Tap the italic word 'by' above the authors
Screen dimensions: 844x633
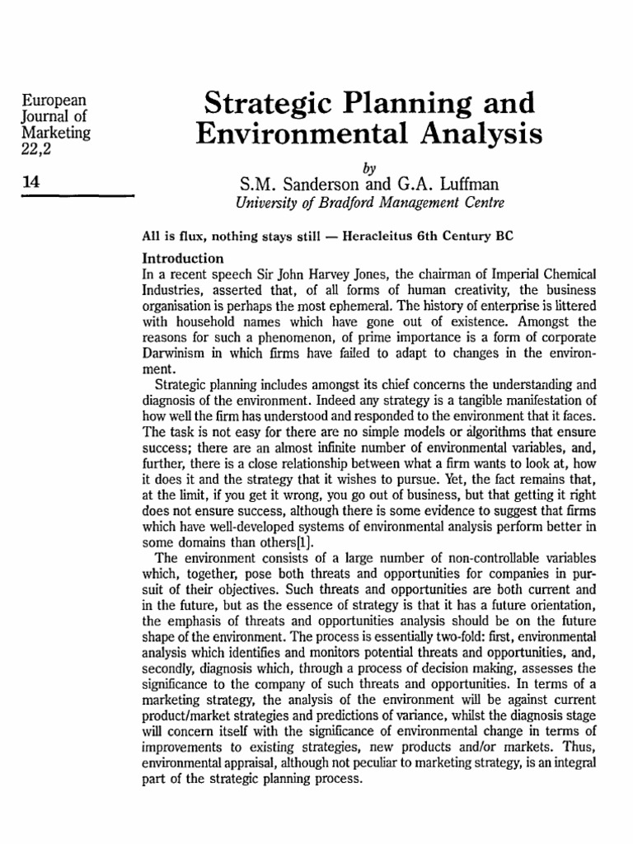coord(368,163)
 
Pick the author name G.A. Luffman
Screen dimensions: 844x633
coord(449,181)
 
